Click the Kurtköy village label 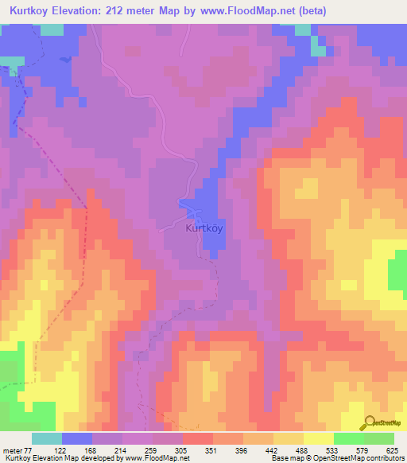pyautogui.click(x=204, y=228)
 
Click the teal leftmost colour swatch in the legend pyautogui.click(x=47, y=438)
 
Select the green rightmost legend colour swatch pyautogui.click(x=379, y=438)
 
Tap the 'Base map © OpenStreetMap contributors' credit pyautogui.click(x=333, y=459)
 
